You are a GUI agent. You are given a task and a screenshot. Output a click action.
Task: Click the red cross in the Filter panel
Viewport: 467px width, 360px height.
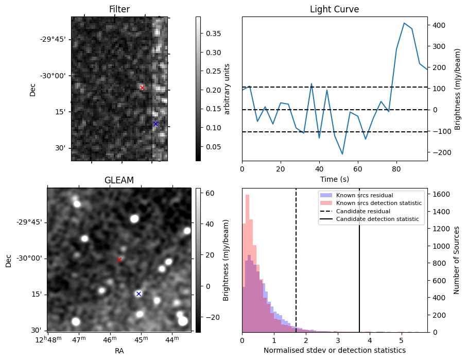click(x=142, y=88)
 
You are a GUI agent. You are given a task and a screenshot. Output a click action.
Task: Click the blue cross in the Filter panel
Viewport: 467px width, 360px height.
click(x=155, y=124)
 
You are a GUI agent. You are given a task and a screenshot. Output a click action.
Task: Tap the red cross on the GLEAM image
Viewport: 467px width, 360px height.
click(x=119, y=260)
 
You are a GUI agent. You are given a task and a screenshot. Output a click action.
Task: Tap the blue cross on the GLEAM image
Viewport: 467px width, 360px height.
click(x=139, y=294)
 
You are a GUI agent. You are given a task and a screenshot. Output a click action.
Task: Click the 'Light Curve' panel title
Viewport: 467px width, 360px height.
click(x=334, y=9)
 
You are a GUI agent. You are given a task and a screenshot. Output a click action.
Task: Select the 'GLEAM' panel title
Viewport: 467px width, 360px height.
click(x=119, y=180)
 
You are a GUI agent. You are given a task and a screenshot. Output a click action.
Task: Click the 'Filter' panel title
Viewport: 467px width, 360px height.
click(x=119, y=9)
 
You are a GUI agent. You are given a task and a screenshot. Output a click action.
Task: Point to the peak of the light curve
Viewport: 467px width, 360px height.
click(x=404, y=23)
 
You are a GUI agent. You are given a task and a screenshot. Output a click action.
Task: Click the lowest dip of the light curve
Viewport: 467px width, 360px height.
click(x=342, y=154)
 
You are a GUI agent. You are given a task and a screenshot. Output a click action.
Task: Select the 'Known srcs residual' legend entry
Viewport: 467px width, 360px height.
click(x=364, y=196)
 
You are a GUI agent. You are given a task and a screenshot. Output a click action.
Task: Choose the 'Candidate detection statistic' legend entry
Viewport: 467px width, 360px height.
click(x=377, y=219)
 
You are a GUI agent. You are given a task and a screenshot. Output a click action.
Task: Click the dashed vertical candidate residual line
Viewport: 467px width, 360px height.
click(x=296, y=258)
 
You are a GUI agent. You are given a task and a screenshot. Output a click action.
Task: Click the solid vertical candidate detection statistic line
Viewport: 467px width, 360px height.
click(x=359, y=258)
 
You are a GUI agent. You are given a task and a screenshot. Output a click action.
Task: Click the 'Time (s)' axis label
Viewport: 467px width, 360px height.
click(x=334, y=179)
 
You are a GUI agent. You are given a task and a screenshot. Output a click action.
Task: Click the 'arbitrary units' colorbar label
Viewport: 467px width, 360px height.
click(x=227, y=89)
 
